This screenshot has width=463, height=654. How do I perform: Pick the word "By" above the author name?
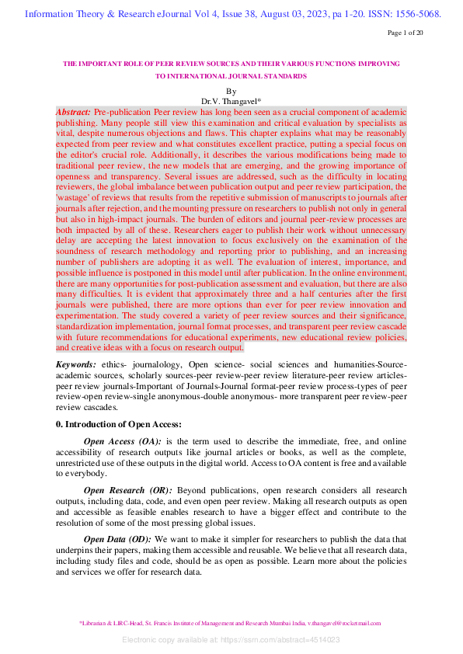pos(231,92)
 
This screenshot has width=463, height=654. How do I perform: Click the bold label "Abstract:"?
pos(73,113)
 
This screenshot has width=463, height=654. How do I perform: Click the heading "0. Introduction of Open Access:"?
pos(119,424)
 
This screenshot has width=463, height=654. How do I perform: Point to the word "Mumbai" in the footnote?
pos(290,623)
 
